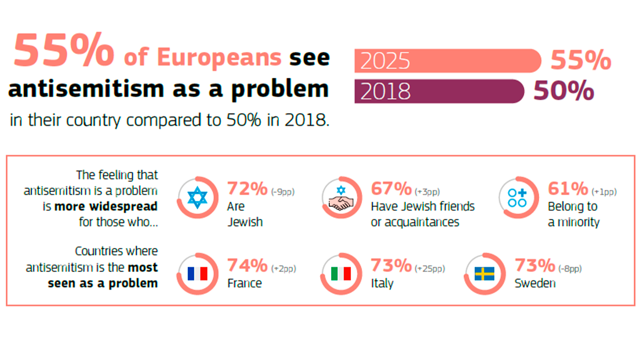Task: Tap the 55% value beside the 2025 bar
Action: [x=580, y=61]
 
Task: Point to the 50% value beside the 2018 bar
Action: [x=564, y=91]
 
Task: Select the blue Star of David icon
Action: [x=197, y=198]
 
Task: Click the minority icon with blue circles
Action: [x=517, y=198]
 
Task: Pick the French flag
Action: [x=197, y=274]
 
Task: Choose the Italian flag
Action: [x=341, y=274]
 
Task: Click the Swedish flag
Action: [x=484, y=274]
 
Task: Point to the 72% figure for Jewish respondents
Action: [x=247, y=189]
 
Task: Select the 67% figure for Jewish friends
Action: [x=391, y=189]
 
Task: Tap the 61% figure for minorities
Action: [x=568, y=189]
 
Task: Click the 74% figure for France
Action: [x=247, y=265]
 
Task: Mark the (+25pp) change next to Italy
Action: [x=430, y=268]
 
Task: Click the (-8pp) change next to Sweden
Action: [x=571, y=268]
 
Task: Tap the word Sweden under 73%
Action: [x=534, y=283]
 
